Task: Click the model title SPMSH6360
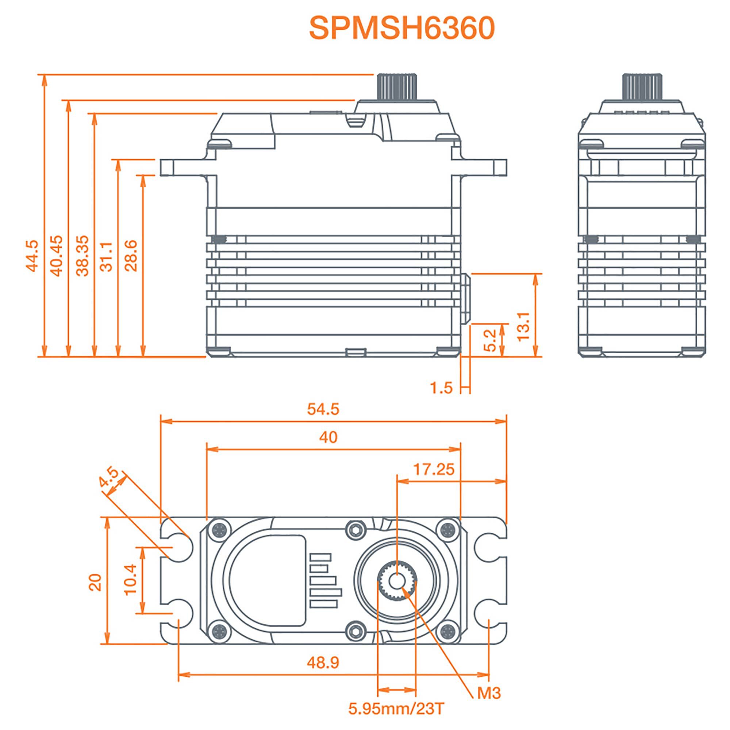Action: tap(401, 28)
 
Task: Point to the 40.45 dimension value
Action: tap(57, 255)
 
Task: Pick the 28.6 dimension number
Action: tap(131, 255)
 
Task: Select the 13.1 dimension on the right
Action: tap(523, 326)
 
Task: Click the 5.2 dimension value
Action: tap(490, 340)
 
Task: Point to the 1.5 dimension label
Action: tap(441, 388)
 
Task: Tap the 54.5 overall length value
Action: tap(323, 409)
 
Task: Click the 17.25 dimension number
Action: tap(433, 469)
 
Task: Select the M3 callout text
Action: tap(489, 693)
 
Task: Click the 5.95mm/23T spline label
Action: tap(396, 708)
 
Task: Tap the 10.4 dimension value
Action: tap(130, 580)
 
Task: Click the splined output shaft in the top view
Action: tap(397, 581)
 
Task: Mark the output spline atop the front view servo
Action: tap(396, 87)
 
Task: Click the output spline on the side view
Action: tap(642, 87)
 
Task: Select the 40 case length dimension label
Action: tap(328, 437)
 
